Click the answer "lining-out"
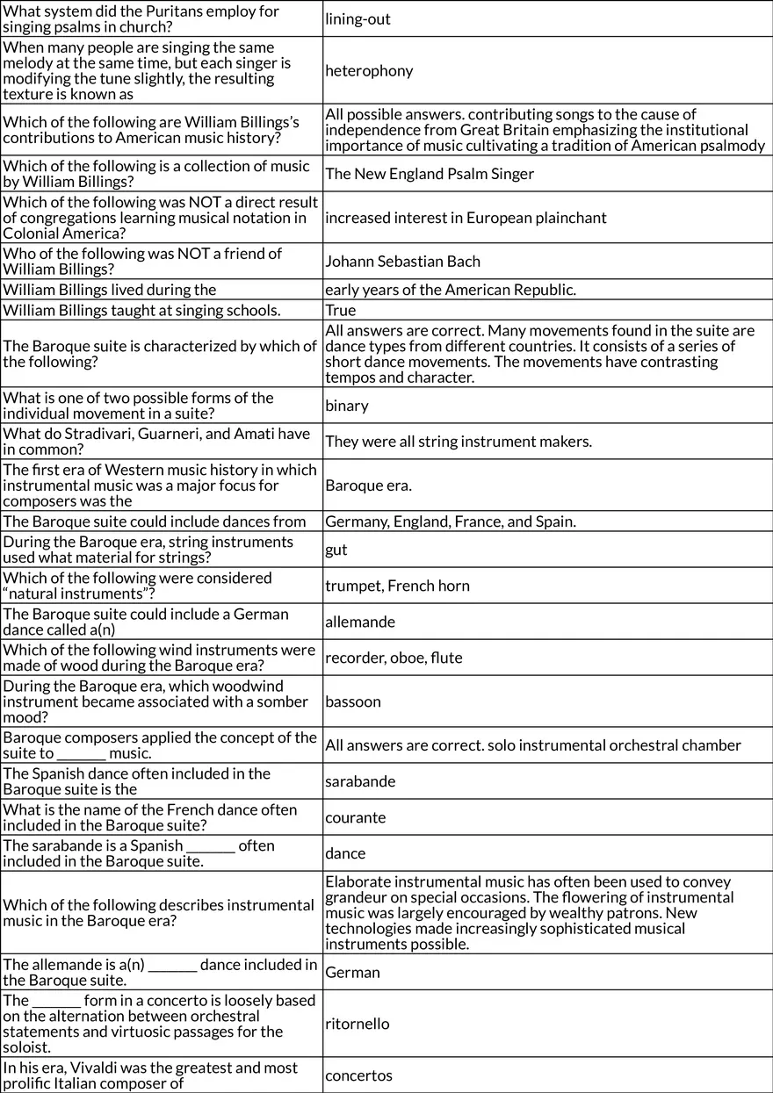click(358, 18)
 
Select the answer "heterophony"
click(369, 70)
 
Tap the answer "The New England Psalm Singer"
click(430, 174)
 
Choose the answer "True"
click(341, 310)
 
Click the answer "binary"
click(347, 406)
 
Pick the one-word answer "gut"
click(336, 550)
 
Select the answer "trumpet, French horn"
click(397, 586)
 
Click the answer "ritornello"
click(358, 1024)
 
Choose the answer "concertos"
click(358, 1075)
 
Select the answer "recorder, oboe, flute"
click(394, 658)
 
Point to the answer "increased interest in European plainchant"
click(466, 218)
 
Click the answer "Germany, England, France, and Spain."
click(451, 521)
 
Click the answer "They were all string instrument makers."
click(459, 442)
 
